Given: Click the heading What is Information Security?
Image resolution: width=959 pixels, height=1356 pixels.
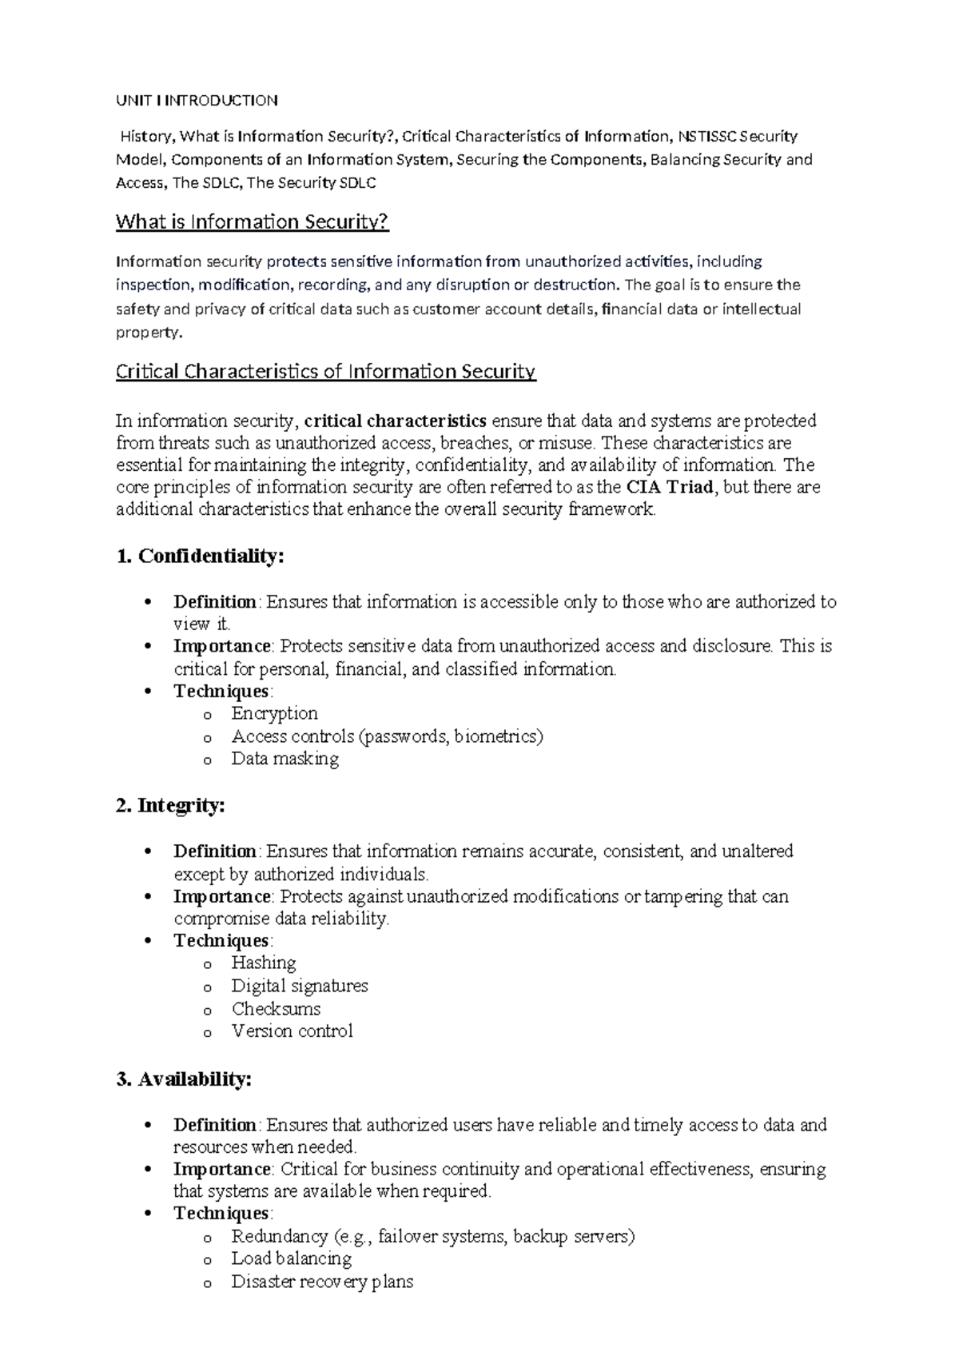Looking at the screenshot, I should tap(252, 221).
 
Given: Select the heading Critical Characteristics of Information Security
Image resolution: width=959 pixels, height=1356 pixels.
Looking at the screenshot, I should tap(325, 371).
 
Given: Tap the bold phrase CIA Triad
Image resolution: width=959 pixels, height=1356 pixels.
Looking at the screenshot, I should tap(669, 487).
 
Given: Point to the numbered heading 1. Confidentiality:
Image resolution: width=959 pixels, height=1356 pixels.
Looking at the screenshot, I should tap(200, 556).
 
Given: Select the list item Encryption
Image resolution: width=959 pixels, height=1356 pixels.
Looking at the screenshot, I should tap(274, 713).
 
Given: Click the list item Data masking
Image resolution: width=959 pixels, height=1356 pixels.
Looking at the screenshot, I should tap(285, 758).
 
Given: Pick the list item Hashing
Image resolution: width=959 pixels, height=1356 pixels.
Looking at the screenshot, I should tap(264, 963).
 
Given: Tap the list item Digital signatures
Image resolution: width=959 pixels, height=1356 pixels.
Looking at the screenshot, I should tap(300, 985).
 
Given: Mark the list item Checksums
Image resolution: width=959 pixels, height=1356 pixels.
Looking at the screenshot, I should tap(276, 1008).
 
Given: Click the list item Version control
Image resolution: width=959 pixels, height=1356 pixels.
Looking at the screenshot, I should tap(292, 1031).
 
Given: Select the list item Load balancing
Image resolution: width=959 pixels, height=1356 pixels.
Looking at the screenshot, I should tap(291, 1258).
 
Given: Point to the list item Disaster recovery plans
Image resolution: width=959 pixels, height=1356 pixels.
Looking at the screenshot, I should tap(322, 1282).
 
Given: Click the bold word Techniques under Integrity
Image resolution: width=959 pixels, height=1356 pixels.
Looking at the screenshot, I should tap(221, 940).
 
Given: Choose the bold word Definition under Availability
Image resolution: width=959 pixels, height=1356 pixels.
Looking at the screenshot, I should tap(215, 1125).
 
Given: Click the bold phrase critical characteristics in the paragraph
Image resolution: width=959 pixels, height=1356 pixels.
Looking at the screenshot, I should tap(396, 421).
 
